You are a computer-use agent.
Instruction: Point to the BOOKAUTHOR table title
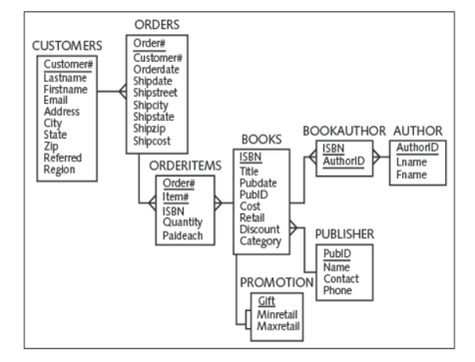coord(345,131)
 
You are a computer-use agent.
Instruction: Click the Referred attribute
coord(64,158)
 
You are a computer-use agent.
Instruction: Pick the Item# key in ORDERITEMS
coord(178,195)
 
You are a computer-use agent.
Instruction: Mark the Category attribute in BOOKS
coord(262,240)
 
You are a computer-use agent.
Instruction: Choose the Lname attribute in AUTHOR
coord(410,162)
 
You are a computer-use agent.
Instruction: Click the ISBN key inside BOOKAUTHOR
coord(332,149)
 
